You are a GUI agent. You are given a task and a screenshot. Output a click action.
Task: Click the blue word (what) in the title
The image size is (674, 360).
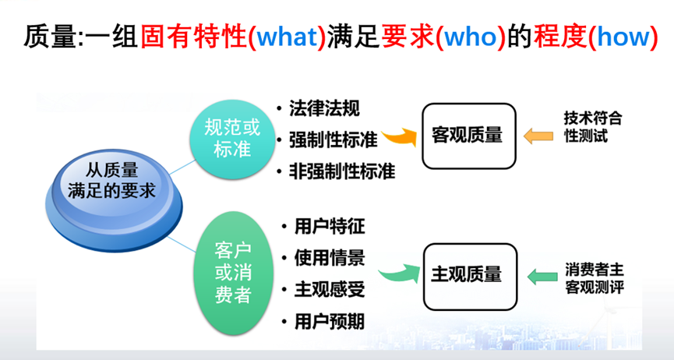(288, 37)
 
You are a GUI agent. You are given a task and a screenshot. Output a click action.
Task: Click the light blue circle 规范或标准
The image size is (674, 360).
(225, 137)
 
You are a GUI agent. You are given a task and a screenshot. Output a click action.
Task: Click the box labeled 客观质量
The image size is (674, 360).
(468, 136)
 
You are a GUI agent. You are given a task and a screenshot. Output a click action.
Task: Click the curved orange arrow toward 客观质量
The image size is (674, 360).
(399, 137)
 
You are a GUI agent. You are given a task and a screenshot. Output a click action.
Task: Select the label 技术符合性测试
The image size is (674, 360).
(593, 126)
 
